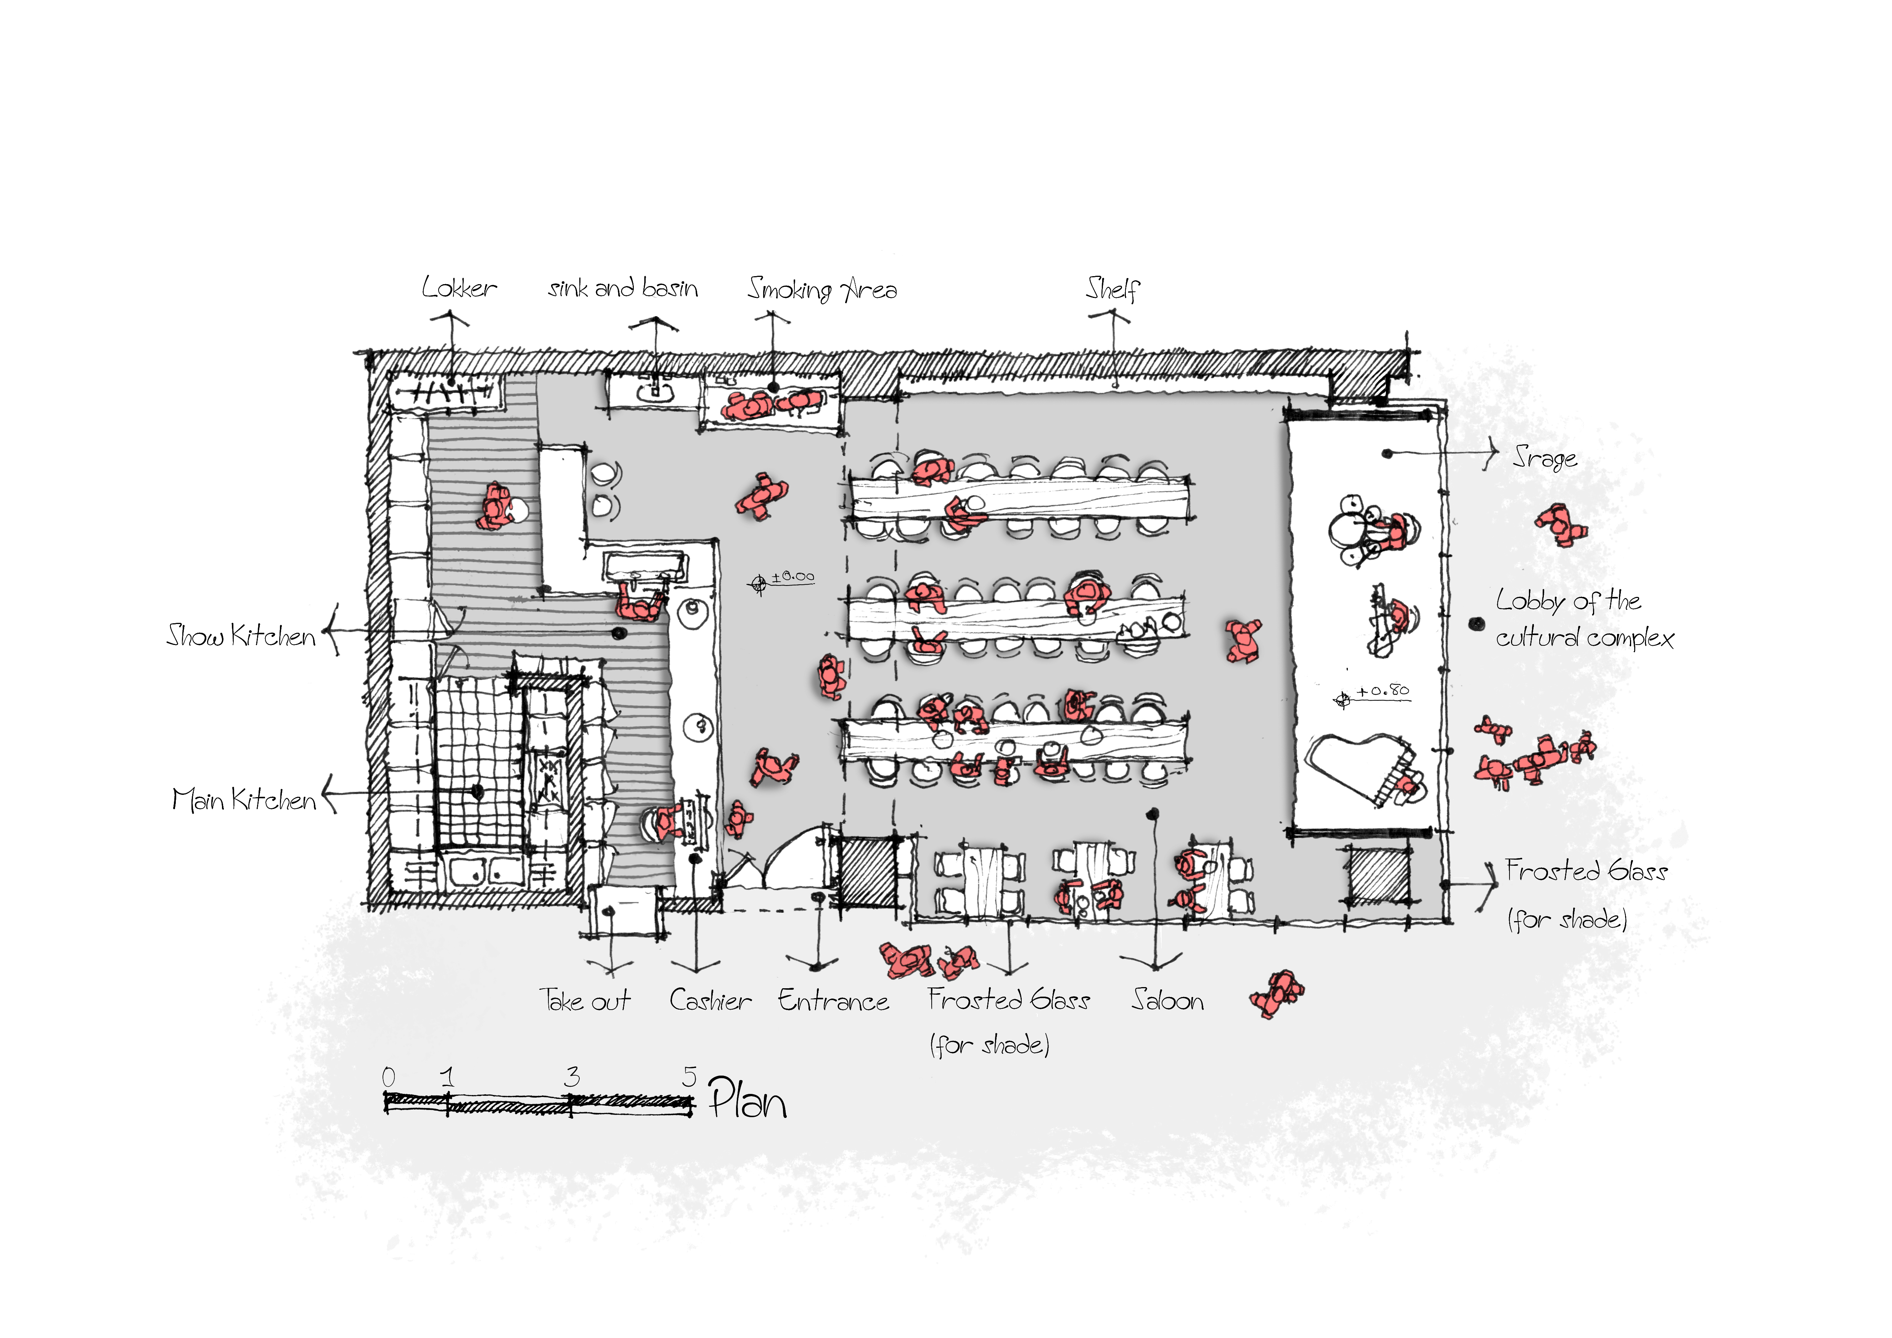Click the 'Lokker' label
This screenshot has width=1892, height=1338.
(459, 288)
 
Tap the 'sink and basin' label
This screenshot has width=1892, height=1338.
(623, 288)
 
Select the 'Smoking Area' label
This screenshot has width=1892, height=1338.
(822, 289)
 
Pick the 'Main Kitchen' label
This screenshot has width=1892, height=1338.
(244, 799)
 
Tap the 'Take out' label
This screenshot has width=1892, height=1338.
(585, 1000)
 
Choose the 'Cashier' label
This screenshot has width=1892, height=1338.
(711, 1000)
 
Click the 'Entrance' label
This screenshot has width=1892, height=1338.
(834, 1000)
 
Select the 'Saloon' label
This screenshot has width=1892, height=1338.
(1168, 1000)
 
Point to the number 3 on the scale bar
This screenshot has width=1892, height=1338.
(572, 1076)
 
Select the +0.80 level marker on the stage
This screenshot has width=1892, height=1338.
(1372, 695)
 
